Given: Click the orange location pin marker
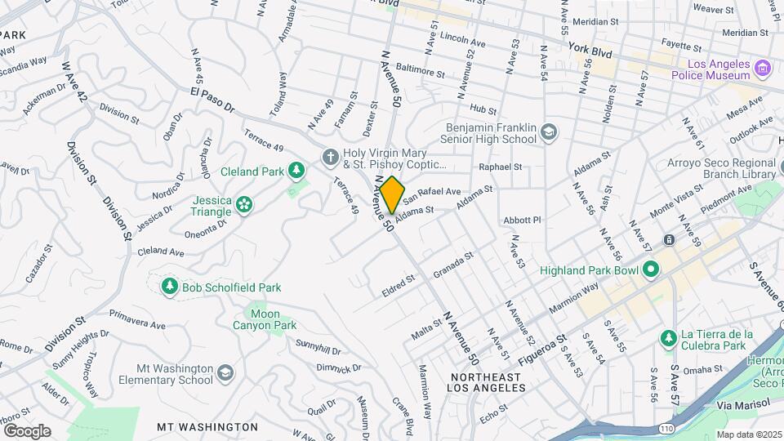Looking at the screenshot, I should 392,194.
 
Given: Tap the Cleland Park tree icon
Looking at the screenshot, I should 298,171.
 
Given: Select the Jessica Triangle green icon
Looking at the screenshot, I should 244,205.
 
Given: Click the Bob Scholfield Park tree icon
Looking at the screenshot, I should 169,287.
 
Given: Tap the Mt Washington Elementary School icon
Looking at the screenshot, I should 225,372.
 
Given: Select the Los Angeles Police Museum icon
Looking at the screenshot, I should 763,67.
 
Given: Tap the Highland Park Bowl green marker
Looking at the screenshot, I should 650,269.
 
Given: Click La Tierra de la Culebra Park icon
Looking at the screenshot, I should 668,338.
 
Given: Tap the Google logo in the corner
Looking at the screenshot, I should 26,430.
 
